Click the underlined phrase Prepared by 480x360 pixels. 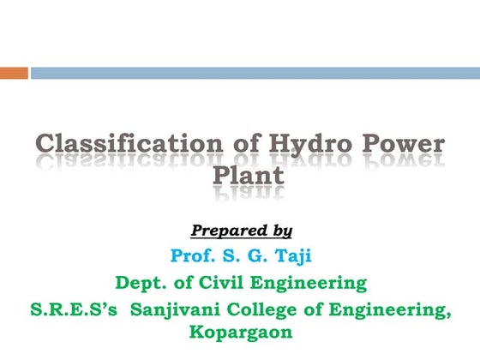pos(241,231)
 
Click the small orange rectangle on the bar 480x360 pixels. pos(14,74)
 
